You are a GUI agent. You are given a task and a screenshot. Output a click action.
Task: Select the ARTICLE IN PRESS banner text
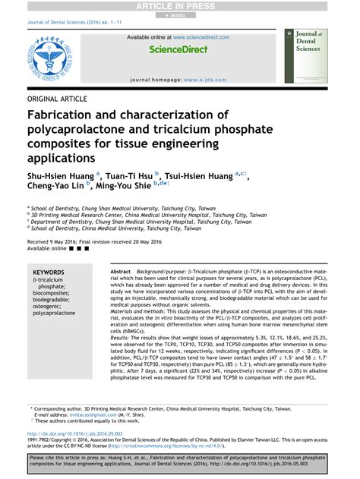click(179, 6)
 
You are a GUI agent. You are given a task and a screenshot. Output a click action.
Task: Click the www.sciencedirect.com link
click(201, 36)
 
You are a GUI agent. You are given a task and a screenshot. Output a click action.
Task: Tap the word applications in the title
click(62, 159)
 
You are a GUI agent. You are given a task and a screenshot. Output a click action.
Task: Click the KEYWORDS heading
click(49, 272)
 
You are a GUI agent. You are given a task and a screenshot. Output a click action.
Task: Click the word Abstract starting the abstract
click(120, 272)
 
